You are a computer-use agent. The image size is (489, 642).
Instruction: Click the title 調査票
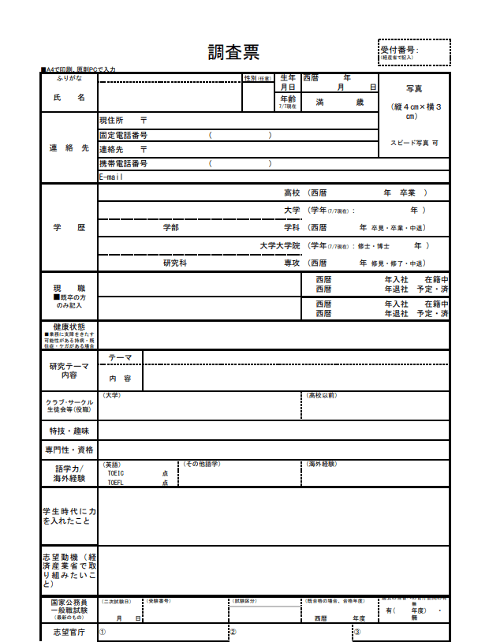click(233, 52)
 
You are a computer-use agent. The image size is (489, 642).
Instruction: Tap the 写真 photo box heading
click(414, 89)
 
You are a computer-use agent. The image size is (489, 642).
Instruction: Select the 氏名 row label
click(69, 97)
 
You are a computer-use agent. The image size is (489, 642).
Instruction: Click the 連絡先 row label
click(69, 148)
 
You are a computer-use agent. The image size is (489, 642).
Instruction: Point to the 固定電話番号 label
click(123, 135)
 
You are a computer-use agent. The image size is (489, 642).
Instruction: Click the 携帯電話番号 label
click(123, 164)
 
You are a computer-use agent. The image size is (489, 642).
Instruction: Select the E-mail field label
click(111, 177)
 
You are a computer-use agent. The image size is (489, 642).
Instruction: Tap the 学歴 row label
click(69, 227)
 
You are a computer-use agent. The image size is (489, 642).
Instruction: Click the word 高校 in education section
click(292, 192)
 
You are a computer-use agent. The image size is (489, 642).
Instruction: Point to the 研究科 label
click(174, 263)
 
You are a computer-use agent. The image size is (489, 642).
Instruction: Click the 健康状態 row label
click(69, 326)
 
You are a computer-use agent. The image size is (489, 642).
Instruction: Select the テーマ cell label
click(120, 358)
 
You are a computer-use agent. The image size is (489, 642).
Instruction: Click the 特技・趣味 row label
click(69, 431)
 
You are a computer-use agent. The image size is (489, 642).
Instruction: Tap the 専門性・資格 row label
click(69, 450)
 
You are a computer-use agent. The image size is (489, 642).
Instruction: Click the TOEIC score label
click(116, 473)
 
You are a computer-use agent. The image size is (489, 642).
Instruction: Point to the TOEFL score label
click(115, 483)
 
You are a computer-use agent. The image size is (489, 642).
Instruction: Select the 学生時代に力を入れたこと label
click(69, 516)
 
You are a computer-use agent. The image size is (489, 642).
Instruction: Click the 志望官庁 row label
click(69, 633)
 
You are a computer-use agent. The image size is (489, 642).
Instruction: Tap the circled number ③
click(356, 633)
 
